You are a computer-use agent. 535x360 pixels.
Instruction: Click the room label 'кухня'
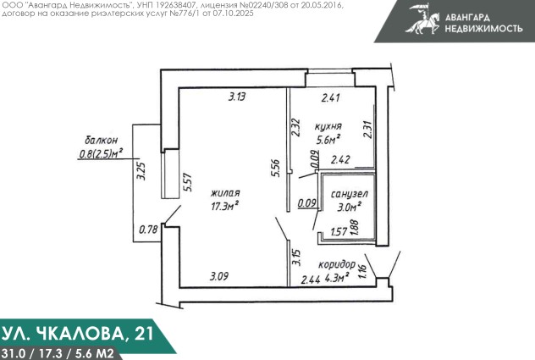coord(328,126)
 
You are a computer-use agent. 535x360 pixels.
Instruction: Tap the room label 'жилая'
coord(225,193)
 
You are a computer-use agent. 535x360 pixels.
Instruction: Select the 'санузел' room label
coord(350,194)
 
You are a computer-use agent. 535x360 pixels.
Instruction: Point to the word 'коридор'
coord(337,264)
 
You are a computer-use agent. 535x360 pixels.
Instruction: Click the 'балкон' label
coord(101,140)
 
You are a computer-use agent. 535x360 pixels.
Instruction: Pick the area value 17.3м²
coord(224,207)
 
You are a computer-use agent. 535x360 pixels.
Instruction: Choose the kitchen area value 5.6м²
coord(328,140)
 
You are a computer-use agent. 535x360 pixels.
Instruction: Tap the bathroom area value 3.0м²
coord(349,207)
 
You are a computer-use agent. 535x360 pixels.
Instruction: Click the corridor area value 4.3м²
coord(337,277)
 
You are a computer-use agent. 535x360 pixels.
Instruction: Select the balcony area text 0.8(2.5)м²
coord(101,153)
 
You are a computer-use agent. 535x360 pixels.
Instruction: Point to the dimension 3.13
coord(237,97)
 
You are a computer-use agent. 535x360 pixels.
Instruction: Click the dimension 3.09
coord(219,276)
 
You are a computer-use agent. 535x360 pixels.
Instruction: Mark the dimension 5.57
coord(188,183)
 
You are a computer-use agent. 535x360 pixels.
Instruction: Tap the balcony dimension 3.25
coord(141,171)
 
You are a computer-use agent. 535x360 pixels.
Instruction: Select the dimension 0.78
coord(148,230)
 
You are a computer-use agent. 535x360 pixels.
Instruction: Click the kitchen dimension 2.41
coord(331,97)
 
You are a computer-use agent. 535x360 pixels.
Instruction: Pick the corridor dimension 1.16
coord(362,271)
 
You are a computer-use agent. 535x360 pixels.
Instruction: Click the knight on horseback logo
coord(422,19)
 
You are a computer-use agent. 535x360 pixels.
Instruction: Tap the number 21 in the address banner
coord(144,333)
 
